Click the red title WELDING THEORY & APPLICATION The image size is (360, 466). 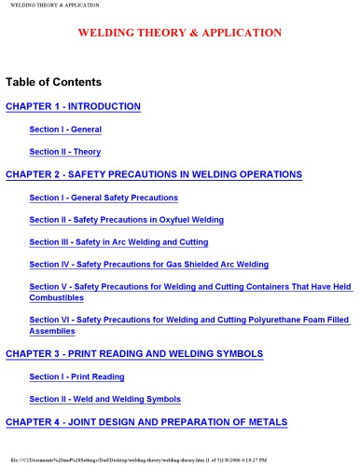tap(179, 33)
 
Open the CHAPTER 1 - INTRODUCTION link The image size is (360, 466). tap(73, 106)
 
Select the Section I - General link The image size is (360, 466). tap(65, 129)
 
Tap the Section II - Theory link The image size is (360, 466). tap(65, 151)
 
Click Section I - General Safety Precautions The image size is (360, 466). tap(104, 198)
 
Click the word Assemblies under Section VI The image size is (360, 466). tap(51, 331)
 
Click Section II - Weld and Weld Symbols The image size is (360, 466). tap(105, 399)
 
